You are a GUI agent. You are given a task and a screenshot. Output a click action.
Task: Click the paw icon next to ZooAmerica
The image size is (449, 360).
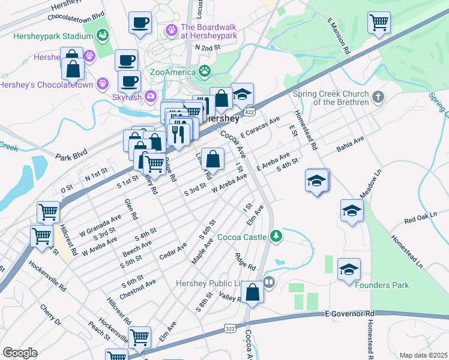click(x=205, y=71)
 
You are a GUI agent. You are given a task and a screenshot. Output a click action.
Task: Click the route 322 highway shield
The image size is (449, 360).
click(x=229, y=328)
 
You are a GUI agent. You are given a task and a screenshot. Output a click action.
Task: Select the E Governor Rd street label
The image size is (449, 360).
click(x=349, y=314)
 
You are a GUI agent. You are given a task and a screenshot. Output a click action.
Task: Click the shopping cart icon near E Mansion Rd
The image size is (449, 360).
click(x=379, y=23)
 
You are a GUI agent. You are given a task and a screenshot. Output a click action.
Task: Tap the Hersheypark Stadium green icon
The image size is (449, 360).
click(x=103, y=36)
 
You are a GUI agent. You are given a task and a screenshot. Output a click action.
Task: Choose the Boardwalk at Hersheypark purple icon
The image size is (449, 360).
click(x=171, y=28)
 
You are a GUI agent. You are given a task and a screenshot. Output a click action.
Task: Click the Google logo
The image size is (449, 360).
click(x=20, y=353)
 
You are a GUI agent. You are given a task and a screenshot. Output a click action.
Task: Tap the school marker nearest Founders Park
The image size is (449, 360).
click(x=349, y=270)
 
